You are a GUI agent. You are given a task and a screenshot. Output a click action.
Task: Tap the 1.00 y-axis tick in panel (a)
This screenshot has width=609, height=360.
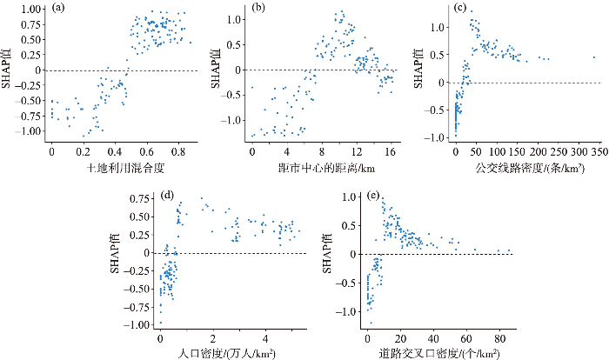[x=30, y=10]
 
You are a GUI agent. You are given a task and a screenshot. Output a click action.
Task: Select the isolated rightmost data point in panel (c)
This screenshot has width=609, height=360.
[x=593, y=57]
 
